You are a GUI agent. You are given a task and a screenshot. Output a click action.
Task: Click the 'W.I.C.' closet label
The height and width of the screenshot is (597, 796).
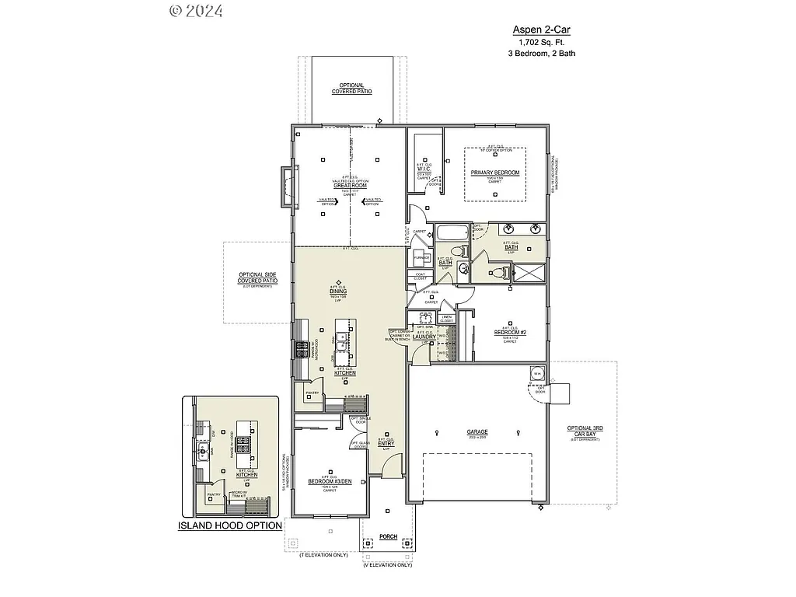coord(424,169)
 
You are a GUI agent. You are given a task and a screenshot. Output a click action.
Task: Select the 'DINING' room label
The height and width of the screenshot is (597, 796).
coord(337,292)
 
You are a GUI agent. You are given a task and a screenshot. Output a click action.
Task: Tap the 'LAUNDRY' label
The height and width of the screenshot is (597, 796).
coord(424,336)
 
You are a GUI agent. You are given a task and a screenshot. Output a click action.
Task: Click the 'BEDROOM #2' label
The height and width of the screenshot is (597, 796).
coord(510,333)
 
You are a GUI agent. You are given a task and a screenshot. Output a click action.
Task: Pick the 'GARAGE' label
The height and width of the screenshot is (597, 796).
coord(477,431)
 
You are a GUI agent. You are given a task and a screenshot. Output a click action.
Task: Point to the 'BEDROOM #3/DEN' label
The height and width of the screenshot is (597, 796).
coord(330,481)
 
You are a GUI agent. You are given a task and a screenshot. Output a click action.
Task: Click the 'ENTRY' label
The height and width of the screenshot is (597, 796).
coord(386,443)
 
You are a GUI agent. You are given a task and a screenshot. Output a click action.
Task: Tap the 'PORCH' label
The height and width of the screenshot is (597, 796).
coord(387,536)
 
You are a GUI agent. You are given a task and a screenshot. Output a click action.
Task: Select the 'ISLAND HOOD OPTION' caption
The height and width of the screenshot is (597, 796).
coord(229,525)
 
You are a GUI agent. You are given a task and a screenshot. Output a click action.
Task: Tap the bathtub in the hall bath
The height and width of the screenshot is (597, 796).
coord(452,232)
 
